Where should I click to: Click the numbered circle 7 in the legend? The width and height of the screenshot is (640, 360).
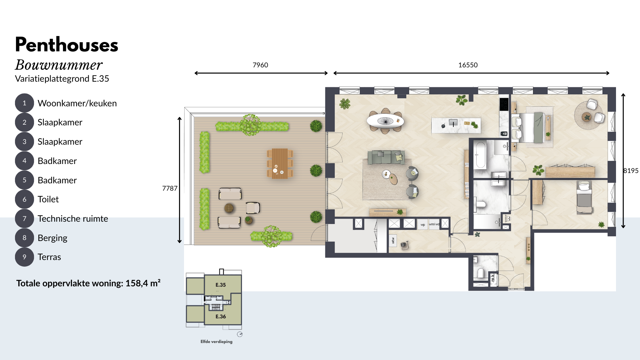tap(24, 219)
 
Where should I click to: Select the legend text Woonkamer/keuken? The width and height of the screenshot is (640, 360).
tap(77, 103)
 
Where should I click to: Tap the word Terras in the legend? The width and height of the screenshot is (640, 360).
tap(49, 257)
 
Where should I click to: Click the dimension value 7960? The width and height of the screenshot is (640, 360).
tap(260, 65)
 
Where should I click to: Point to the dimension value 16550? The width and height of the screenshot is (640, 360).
tap(468, 65)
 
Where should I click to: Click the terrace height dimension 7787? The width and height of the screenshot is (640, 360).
tap(170, 188)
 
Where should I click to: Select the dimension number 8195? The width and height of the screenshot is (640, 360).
tap(631, 171)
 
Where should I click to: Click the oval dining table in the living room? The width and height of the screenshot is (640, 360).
tap(385, 121)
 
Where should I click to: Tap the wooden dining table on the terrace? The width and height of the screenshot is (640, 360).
tap(280, 163)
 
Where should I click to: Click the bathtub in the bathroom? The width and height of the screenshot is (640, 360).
tap(481, 155)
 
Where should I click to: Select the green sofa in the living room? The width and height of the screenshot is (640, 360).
tap(386, 157)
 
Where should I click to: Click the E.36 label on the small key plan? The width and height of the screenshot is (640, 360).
tap(221, 316)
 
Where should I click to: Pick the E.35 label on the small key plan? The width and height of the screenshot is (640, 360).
tap(221, 285)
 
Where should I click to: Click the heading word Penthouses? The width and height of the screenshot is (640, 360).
tap(67, 45)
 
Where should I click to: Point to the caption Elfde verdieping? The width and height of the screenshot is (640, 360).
tap(216, 341)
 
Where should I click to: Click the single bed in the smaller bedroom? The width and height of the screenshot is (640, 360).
tap(584, 197)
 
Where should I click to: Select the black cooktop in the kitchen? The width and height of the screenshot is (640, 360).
tap(504, 104)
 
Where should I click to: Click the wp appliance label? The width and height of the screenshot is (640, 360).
tap(423, 225)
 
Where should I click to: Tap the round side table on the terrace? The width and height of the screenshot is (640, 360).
tap(229, 208)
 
